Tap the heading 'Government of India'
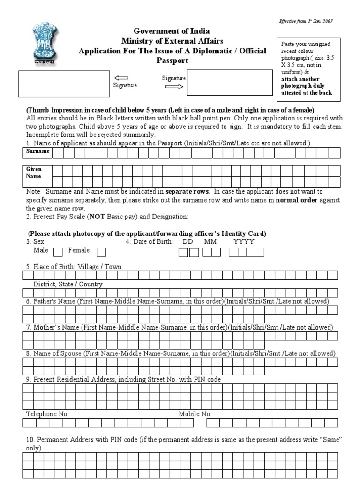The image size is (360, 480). coord(172,31)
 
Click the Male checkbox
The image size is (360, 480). coord(58,252)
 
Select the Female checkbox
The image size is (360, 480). coord(101,252)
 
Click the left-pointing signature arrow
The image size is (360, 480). coord(121,78)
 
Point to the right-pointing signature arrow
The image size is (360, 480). coord(174,87)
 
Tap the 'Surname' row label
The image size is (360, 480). coord(38,152)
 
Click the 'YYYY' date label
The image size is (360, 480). coord(244,242)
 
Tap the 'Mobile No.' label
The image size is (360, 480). coord(195,414)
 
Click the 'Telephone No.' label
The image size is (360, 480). coord(47,414)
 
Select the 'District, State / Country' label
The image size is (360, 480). coord(68,284)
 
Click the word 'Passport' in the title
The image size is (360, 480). coord(172,60)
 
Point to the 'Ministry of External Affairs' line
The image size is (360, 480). coord(172,41)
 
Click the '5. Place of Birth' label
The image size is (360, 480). coord(74,267)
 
